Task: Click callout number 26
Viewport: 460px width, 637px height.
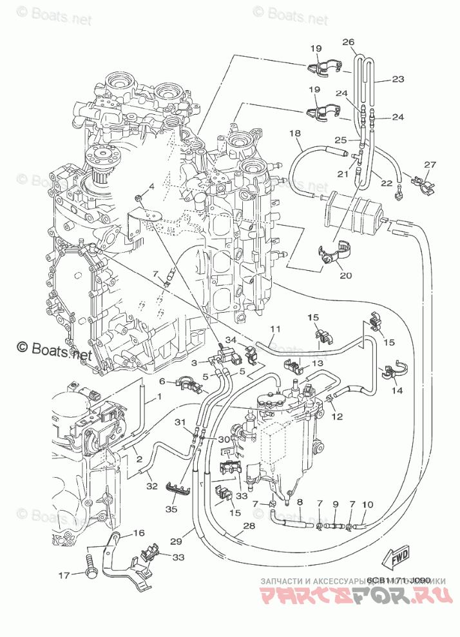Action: (x=349, y=43)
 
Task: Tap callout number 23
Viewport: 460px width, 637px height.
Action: (x=398, y=79)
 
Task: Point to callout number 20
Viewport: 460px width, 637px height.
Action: (x=345, y=275)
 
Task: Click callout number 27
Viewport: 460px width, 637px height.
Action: (x=430, y=164)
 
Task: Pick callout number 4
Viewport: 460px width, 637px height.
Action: (x=152, y=187)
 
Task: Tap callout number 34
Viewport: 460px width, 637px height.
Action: (x=231, y=340)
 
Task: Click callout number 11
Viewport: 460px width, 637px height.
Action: (x=275, y=329)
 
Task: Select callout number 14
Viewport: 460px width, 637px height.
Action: (x=396, y=391)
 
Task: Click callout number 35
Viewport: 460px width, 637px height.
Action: (x=170, y=509)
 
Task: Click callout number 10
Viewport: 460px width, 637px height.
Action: (x=367, y=505)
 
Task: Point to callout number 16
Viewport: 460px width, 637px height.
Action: (x=139, y=533)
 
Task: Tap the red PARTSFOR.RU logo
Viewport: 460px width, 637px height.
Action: (x=353, y=597)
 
